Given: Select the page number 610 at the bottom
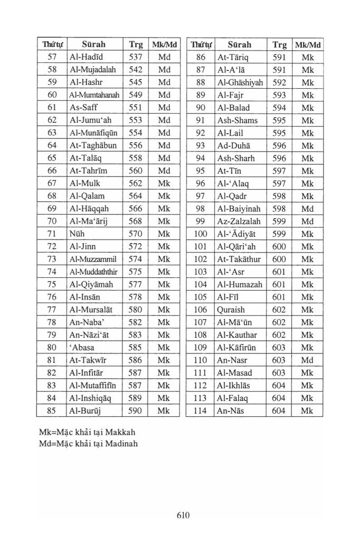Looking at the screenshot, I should tap(183, 515).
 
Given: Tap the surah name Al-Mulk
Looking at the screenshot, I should tap(84, 183).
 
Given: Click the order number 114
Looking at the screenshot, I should tap(200, 411).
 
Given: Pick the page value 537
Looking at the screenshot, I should tap(136, 57).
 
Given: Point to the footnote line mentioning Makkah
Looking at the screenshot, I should tap(83, 432).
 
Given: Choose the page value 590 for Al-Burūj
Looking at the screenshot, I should tap(136, 411).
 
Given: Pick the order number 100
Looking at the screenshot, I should tap(200, 234).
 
